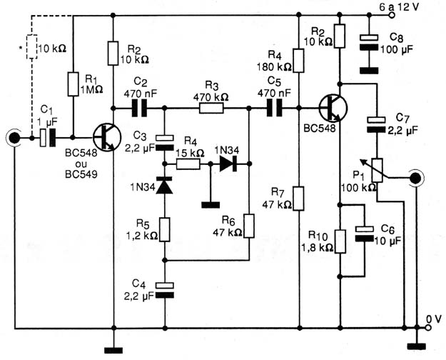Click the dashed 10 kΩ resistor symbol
coord(31,47)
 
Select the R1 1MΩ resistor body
coord(73,84)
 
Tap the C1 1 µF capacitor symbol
coord(48,138)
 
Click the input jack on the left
coord(14,138)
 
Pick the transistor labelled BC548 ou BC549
coord(106,138)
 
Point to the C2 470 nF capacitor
coord(139,109)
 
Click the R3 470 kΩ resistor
coord(211,109)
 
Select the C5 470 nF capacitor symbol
coord(274,108)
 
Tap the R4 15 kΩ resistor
coord(188,164)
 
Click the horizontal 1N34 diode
coord(228,164)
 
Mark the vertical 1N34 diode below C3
coord(164,186)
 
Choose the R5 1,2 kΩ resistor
coord(164,229)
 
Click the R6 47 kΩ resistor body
coord(249,226)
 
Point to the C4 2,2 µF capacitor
coord(164,290)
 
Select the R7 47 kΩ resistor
coord(299,199)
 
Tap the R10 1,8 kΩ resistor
coord(340,241)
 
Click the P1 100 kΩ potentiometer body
coord(377,171)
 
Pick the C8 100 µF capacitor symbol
coord(369,42)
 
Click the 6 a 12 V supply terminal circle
coord(392,15)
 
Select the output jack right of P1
coord(415,179)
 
